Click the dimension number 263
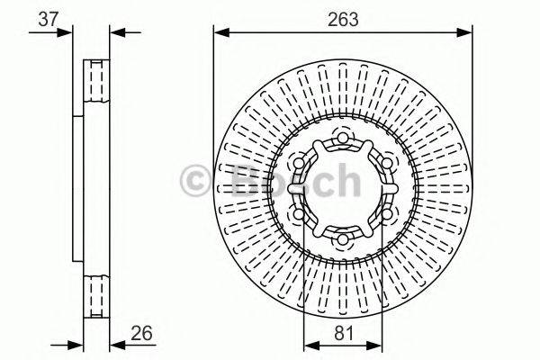(343, 19)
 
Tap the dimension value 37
(49, 19)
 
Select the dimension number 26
(141, 334)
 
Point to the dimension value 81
(344, 334)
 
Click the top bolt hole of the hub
(343, 138)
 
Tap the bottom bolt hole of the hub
(343, 239)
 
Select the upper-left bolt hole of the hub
(299, 163)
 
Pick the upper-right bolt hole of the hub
(387, 163)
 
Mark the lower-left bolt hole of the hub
(299, 214)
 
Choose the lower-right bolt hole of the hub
(387, 214)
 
